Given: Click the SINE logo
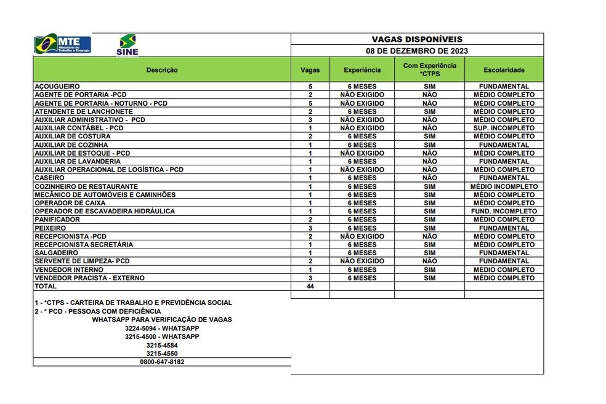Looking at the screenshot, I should (127, 45).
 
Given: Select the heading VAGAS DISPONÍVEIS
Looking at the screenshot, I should (417, 39).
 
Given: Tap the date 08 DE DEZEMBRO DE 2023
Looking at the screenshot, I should (417, 51).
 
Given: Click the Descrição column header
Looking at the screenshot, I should (162, 70).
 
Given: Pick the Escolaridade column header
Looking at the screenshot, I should (504, 70).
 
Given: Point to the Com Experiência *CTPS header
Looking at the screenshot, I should (429, 69).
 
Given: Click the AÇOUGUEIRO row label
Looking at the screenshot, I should (57, 87).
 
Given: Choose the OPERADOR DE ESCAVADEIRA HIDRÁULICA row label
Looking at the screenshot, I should (105, 211).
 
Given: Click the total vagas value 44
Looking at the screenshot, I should (310, 287).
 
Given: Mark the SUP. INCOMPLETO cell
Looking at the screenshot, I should (504, 128).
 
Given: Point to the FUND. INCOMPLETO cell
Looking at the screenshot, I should (504, 211).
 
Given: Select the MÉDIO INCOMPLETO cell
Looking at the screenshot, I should (504, 186).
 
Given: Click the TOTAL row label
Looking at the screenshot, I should (46, 286).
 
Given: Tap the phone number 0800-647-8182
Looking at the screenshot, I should (163, 362).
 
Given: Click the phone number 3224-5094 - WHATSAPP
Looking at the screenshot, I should (163, 328).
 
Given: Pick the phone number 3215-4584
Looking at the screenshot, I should (163, 346).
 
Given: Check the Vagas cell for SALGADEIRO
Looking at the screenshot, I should (310, 253).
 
